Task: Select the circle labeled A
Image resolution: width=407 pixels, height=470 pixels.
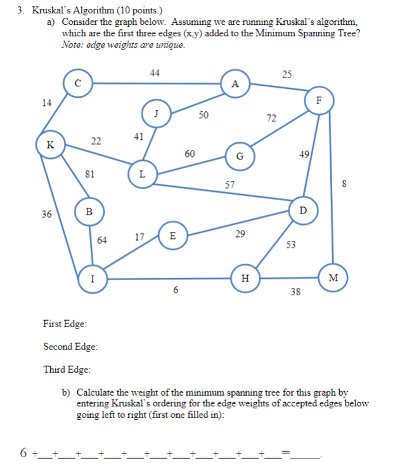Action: click(235, 84)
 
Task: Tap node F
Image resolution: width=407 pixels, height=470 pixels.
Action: click(319, 100)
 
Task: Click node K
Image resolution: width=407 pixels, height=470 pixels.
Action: click(49, 144)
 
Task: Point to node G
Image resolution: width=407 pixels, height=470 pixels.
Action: click(240, 156)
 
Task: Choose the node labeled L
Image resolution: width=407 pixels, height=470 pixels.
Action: click(141, 173)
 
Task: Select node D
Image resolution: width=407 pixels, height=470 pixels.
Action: click(302, 210)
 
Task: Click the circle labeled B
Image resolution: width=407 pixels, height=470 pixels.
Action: click(89, 211)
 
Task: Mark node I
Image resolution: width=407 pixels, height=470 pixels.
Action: click(93, 278)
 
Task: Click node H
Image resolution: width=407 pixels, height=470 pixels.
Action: click(245, 278)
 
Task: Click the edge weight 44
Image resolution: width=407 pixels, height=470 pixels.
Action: click(155, 73)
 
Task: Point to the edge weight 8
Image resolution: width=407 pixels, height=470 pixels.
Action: click(344, 185)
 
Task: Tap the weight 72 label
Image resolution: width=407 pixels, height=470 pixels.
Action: click(271, 117)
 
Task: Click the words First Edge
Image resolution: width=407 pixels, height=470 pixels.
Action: click(65, 325)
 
